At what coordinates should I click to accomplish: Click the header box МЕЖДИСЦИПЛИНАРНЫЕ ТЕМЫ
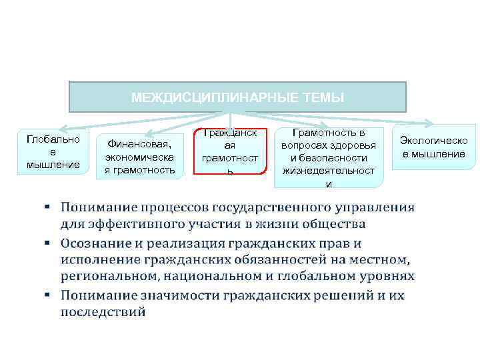pos(237,97)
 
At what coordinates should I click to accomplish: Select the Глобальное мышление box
pos(53,152)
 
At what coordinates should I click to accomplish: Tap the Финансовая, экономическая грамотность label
pos(140,156)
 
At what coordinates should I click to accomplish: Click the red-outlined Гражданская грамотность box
pos(230,151)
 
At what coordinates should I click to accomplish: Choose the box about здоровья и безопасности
pos(328,157)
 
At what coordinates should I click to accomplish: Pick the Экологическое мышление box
pos(433,147)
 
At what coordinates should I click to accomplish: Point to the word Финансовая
pos(139,142)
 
